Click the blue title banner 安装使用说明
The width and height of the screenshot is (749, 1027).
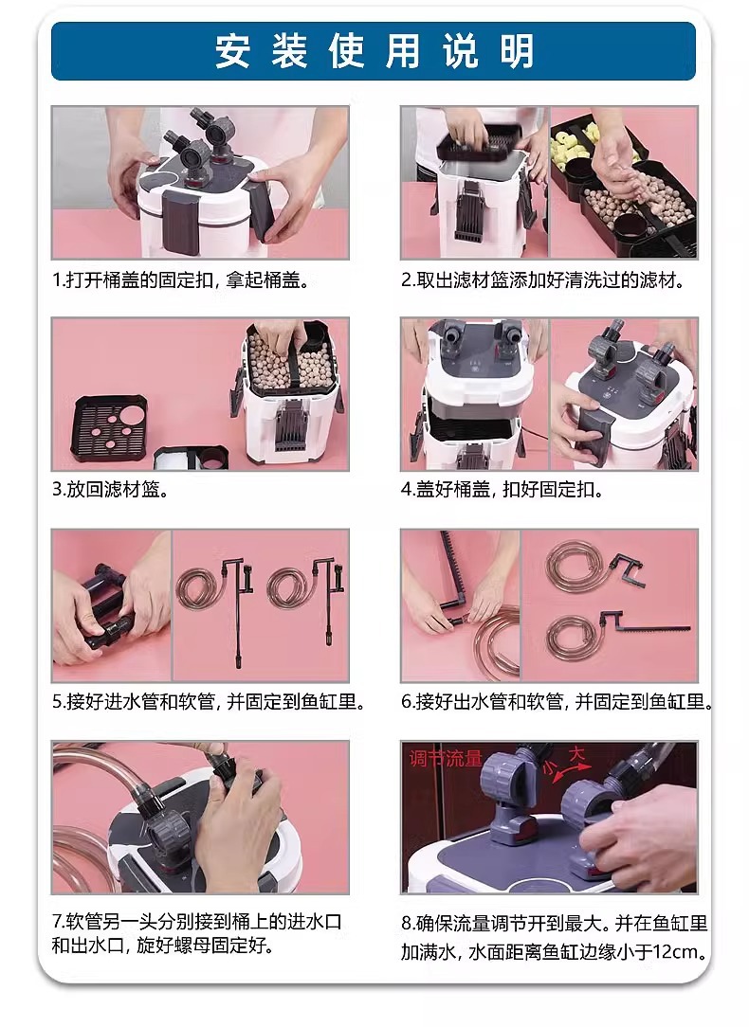(x=374, y=51)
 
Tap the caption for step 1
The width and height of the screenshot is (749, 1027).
(x=181, y=280)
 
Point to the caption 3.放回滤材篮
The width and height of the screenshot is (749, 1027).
(x=111, y=489)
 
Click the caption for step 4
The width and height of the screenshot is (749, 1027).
(x=502, y=489)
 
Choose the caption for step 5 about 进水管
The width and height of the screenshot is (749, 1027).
(x=209, y=702)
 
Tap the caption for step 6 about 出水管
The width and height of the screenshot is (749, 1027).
(x=557, y=702)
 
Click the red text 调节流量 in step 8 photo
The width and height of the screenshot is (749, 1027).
(x=446, y=759)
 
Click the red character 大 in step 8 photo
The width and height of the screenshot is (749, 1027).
(x=576, y=754)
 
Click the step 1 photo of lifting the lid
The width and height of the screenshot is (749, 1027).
(x=200, y=183)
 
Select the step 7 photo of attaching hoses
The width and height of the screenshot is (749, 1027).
(x=200, y=818)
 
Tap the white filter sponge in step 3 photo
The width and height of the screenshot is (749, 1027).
(x=177, y=459)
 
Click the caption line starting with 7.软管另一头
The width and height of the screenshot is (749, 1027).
(x=197, y=922)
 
